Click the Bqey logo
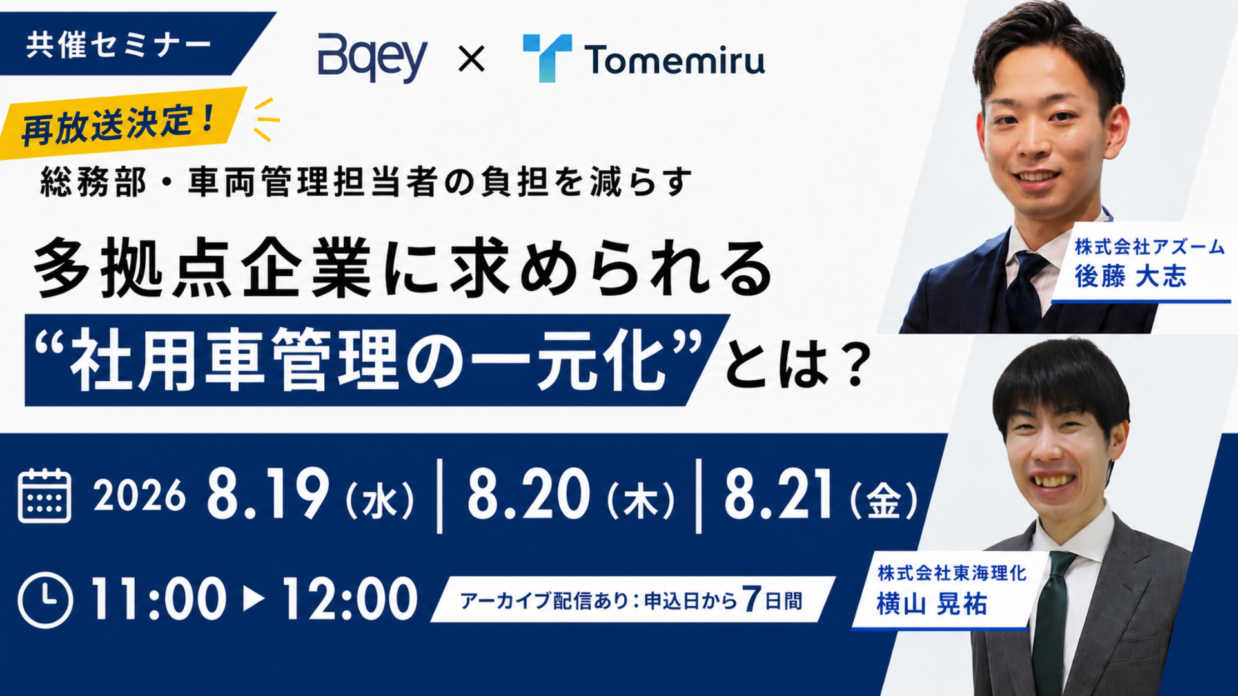[372, 58]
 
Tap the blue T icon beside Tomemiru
[547, 58]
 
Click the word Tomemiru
[675, 60]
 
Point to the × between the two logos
[471, 60]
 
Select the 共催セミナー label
[119, 44]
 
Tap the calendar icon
[44, 496]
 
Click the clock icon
[45, 600]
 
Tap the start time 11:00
[159, 599]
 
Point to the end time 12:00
[350, 599]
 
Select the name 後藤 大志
[1130, 276]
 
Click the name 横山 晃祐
[932, 604]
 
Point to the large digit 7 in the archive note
[751, 599]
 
